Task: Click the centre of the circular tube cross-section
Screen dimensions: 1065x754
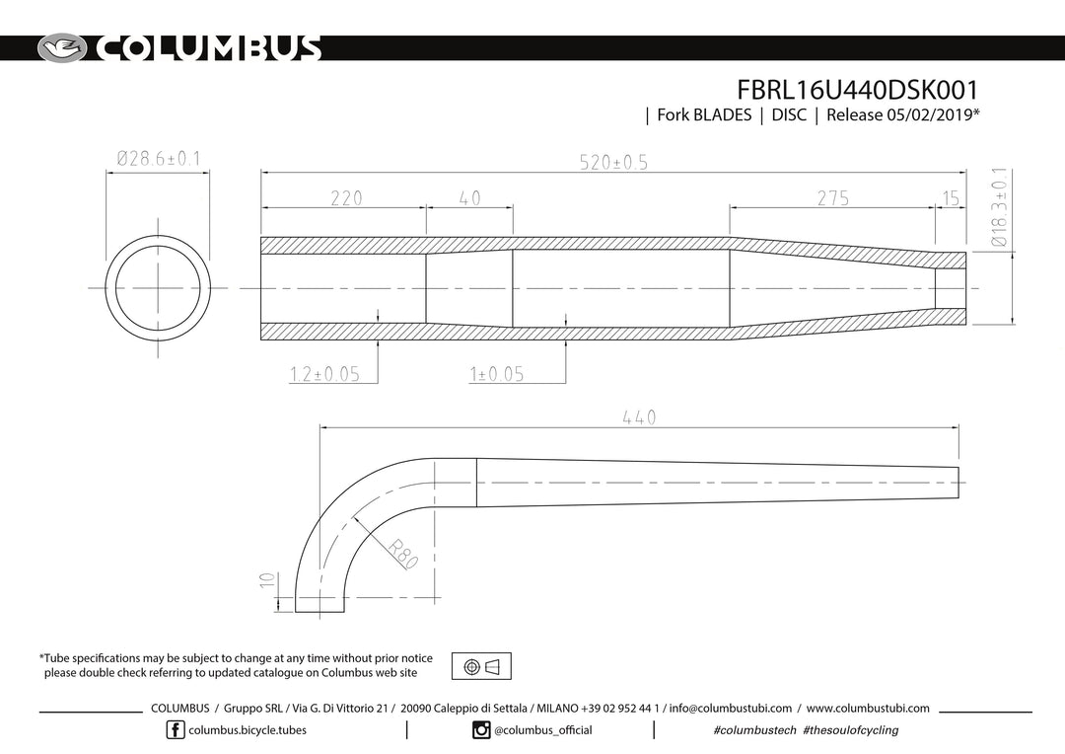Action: coord(158,288)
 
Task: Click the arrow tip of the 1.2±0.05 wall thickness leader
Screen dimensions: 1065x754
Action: coord(378,339)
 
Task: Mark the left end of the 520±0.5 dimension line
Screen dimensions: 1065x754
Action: coord(261,173)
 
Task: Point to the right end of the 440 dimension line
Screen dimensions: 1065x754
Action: coord(958,427)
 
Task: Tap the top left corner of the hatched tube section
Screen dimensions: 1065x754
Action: coord(261,237)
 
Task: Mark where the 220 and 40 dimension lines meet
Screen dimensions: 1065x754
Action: coord(426,208)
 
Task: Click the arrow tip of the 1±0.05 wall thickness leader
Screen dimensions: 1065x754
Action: coord(566,339)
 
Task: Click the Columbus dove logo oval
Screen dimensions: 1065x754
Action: coord(62,48)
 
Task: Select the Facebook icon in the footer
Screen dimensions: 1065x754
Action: coord(176,730)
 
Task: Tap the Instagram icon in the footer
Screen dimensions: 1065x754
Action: coord(481,730)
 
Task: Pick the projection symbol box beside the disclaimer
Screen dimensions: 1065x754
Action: coord(481,666)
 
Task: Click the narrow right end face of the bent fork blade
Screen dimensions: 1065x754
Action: coord(958,483)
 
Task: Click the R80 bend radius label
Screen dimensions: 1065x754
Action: coord(402,554)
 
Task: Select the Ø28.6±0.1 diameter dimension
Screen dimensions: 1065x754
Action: coord(158,159)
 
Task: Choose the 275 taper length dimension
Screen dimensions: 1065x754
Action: coord(832,197)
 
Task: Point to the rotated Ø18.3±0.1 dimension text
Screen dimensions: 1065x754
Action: coord(1000,206)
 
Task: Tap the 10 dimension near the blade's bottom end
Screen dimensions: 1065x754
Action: coord(267,580)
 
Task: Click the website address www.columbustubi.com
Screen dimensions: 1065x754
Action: coord(868,709)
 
